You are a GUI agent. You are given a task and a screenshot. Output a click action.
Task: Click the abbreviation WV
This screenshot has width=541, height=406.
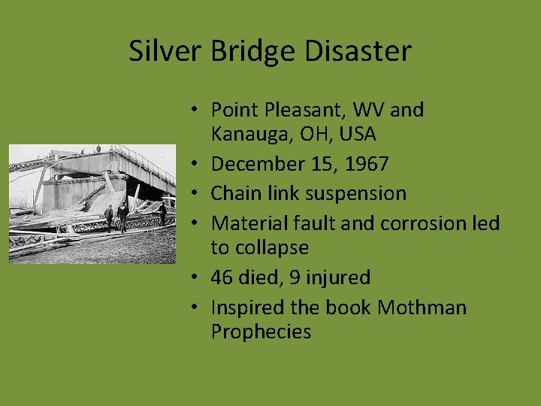[370, 110]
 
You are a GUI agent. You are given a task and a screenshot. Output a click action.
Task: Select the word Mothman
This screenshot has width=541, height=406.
[422, 307]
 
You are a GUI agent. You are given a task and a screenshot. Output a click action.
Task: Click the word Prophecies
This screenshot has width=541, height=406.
[261, 332]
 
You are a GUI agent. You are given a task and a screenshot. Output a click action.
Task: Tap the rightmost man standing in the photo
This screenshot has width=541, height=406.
[162, 214]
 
